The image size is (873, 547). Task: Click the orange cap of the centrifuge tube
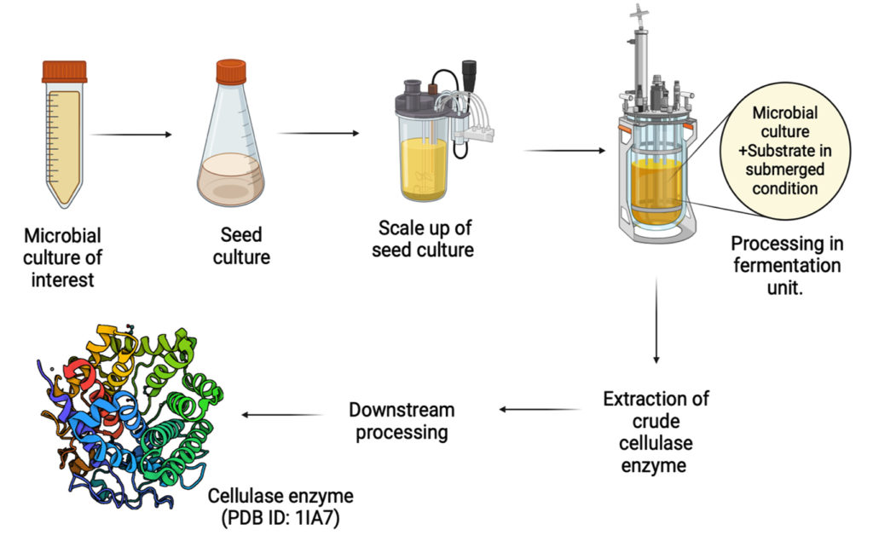pyautogui.click(x=64, y=71)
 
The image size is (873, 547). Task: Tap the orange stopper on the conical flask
pyautogui.click(x=230, y=72)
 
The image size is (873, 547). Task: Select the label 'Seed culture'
pyautogui.click(x=241, y=245)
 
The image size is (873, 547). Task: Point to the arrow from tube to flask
pyautogui.click(x=131, y=135)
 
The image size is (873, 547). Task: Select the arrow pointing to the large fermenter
pyautogui.click(x=564, y=151)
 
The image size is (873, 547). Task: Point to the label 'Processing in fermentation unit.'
pyautogui.click(x=785, y=265)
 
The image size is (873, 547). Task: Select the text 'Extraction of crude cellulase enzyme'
pyautogui.click(x=655, y=431)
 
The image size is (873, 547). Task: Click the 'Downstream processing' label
pyautogui.click(x=402, y=420)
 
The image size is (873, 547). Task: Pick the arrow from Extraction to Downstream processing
pyautogui.click(x=540, y=410)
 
